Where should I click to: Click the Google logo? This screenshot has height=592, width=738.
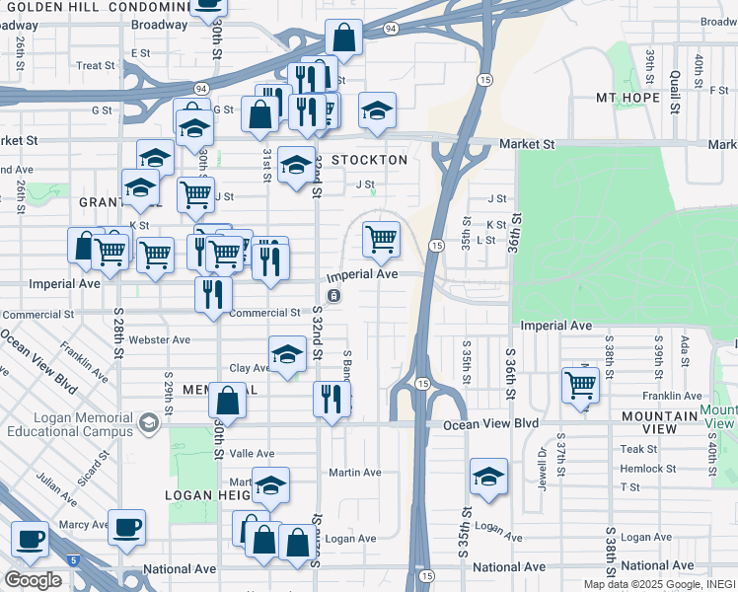pyautogui.click(x=33, y=579)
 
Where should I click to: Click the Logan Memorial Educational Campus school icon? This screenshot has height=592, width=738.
pyautogui.click(x=148, y=424)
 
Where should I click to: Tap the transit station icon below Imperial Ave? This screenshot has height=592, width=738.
pyautogui.click(x=334, y=295)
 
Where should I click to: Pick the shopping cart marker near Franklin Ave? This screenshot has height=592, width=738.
pyautogui.click(x=580, y=386)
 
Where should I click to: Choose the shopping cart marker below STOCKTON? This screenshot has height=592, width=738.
pyautogui.click(x=381, y=238)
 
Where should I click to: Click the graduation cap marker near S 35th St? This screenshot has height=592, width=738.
pyautogui.click(x=488, y=478)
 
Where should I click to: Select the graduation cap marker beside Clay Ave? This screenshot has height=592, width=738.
pyautogui.click(x=286, y=355)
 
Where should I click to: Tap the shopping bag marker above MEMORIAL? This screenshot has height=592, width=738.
pyautogui.click(x=227, y=402)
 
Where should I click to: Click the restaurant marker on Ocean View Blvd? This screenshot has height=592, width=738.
pyautogui.click(x=331, y=400)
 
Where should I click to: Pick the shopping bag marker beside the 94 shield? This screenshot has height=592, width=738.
pyautogui.click(x=343, y=39)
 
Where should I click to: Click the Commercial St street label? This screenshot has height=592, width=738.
pyautogui.click(x=264, y=313)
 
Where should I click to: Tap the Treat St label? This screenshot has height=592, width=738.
pyautogui.click(x=96, y=66)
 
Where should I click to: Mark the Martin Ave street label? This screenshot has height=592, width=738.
pyautogui.click(x=355, y=473)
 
